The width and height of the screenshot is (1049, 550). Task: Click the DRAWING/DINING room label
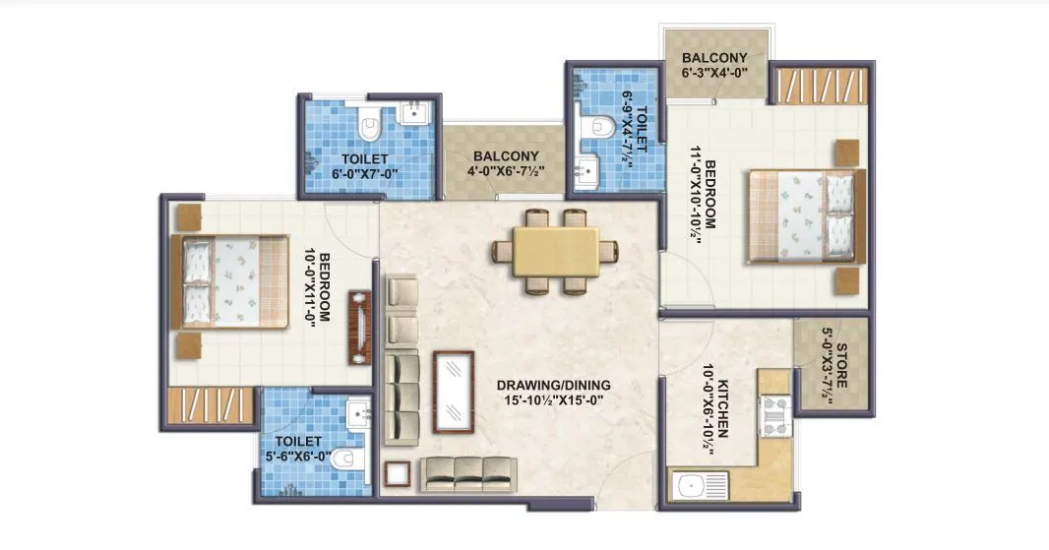pos(554,384)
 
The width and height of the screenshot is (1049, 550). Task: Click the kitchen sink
pos(694,485)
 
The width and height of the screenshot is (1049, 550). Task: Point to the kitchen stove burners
pos(774,415)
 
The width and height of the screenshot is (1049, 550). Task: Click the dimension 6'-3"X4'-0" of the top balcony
pos(713,73)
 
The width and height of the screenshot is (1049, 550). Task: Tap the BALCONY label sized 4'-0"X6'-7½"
pos(505,156)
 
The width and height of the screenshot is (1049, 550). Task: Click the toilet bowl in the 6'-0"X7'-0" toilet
pos(371,127)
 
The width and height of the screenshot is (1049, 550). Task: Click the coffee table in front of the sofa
pos(451,392)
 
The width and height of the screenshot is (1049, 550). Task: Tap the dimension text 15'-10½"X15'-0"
pos(554,399)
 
